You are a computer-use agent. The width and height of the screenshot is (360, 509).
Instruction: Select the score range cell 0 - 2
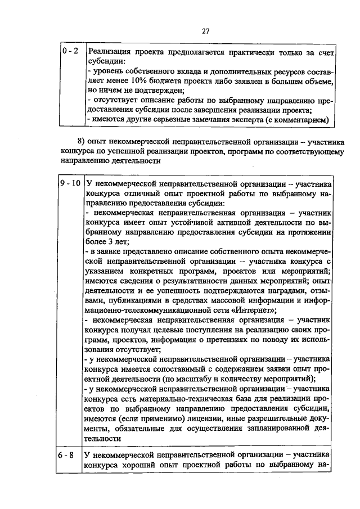pos(70,52)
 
